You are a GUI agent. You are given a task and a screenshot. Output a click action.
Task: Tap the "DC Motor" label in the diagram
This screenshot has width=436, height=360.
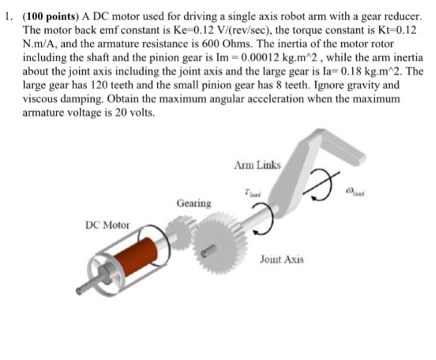point(107,225)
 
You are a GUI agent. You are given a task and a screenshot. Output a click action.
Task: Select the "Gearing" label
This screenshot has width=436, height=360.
point(194,203)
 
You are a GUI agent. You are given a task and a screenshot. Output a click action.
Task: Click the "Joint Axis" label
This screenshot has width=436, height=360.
point(282,258)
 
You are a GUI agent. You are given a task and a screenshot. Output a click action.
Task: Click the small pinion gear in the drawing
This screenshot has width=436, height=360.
point(181,230)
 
